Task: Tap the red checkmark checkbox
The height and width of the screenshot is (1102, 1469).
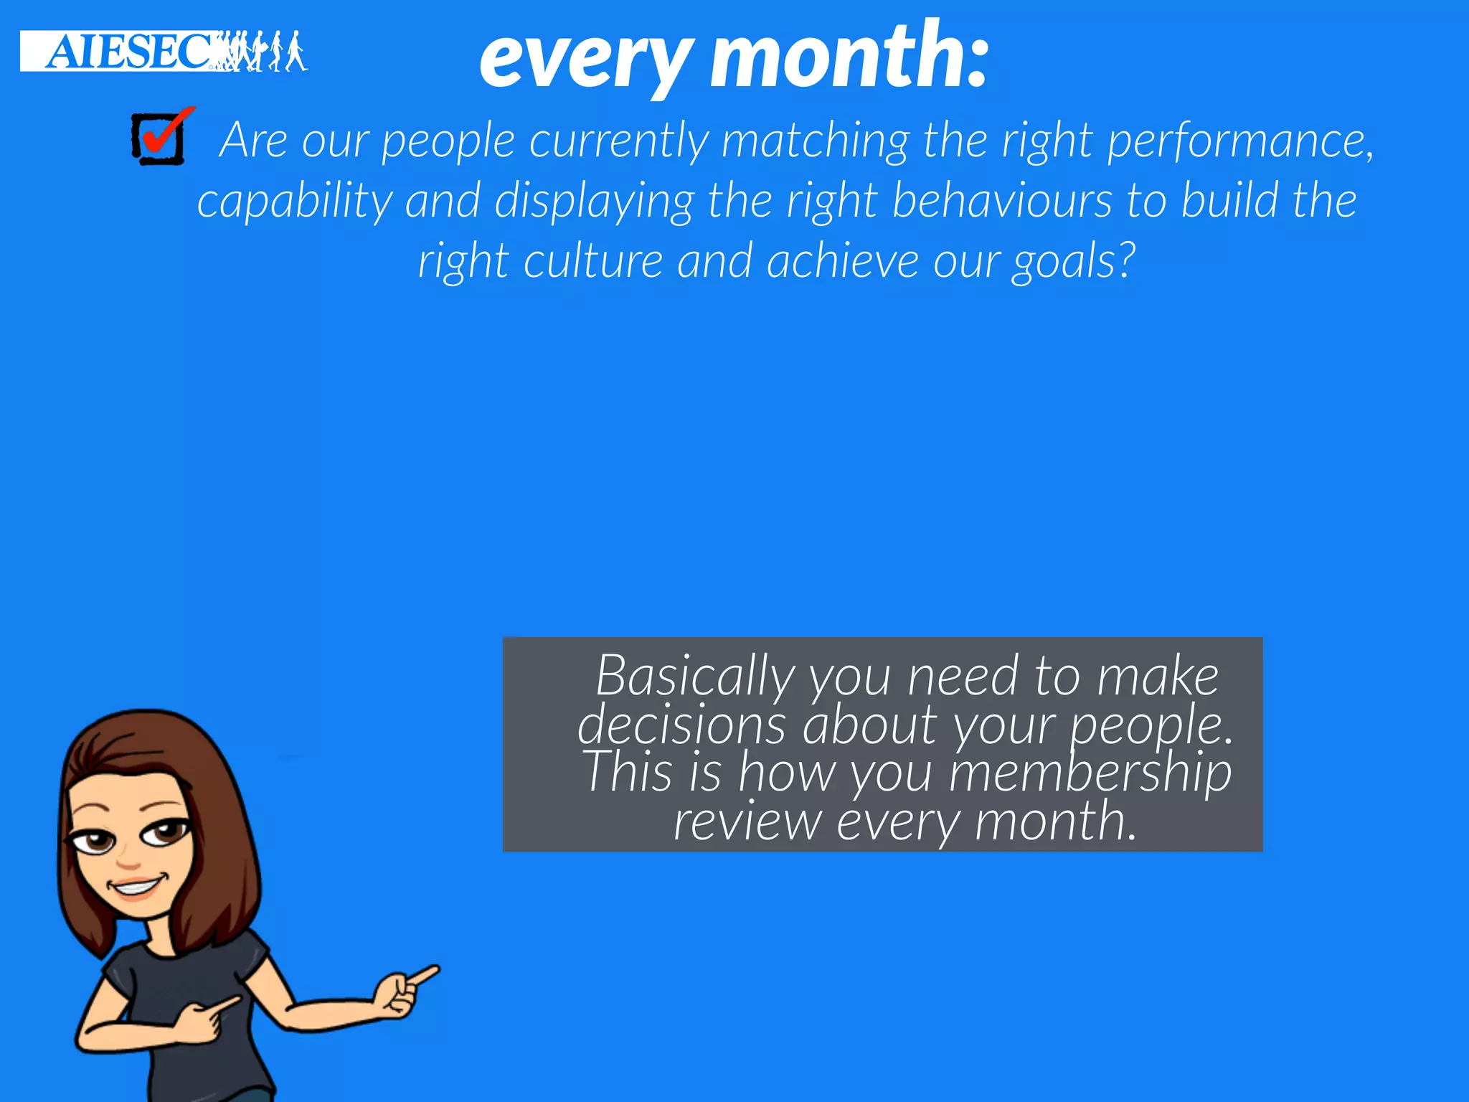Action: [159, 138]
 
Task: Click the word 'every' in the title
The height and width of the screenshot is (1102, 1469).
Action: [585, 59]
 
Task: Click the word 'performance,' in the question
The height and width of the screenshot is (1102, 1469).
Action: [1240, 141]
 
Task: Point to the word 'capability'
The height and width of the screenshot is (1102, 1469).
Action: [295, 202]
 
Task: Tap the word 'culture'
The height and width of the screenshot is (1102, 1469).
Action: [593, 261]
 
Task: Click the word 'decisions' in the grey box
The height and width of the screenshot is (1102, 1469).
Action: [681, 725]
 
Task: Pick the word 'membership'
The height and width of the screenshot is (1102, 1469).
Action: [1090, 773]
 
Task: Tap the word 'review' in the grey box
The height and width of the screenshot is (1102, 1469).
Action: [747, 821]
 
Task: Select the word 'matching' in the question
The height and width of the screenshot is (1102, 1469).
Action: [815, 141]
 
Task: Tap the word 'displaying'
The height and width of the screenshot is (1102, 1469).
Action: [594, 202]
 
